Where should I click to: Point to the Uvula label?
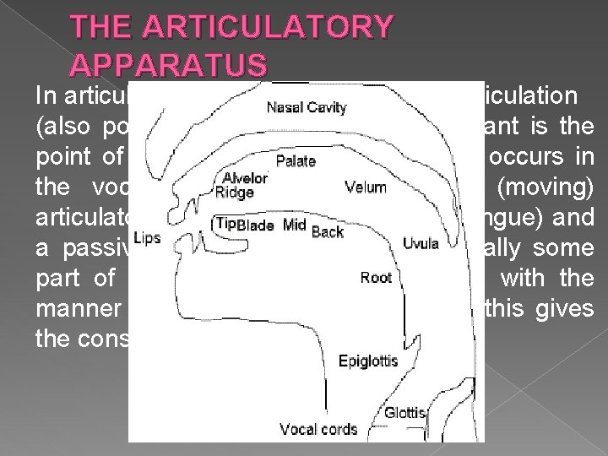(x=420, y=243)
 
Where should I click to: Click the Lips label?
(x=146, y=239)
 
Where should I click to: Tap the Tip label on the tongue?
(x=225, y=223)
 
